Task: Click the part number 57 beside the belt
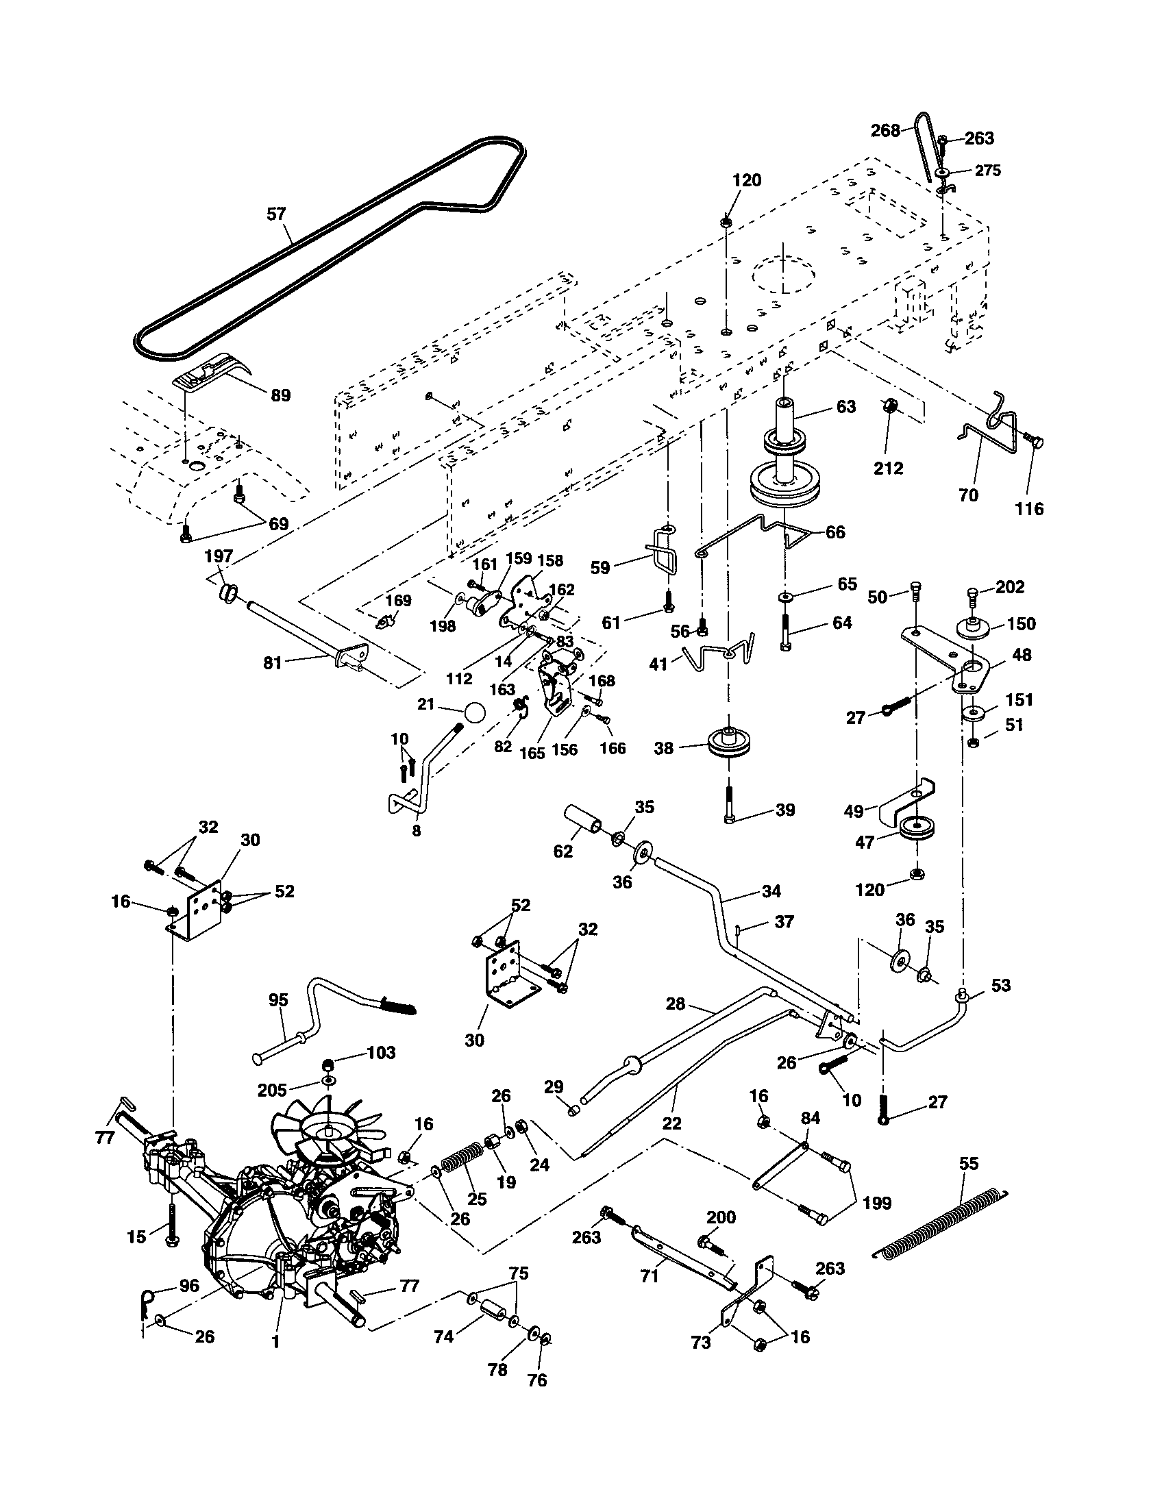tap(275, 214)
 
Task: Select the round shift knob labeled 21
tap(473, 712)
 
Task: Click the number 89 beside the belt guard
tap(280, 395)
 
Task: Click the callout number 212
tap(888, 469)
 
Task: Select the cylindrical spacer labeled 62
tap(584, 821)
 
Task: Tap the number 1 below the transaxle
tap(275, 1343)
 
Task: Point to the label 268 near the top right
tap(885, 130)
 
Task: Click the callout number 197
tap(219, 556)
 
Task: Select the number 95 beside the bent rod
tap(278, 1000)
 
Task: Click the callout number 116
tap(1029, 509)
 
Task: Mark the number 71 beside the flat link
tap(650, 1277)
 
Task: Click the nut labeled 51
tap(972, 743)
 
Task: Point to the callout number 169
tap(398, 600)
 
